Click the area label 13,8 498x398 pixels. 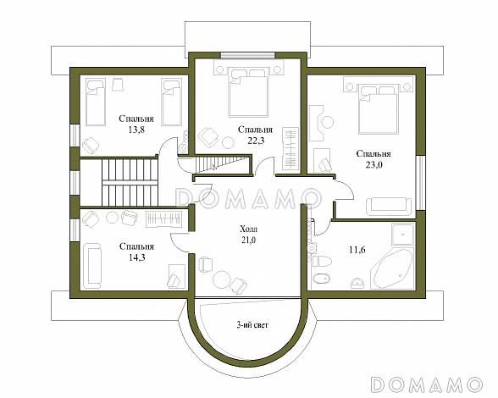[136, 130]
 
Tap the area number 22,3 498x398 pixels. [256, 141]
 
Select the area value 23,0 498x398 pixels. [373, 165]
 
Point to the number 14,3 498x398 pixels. [137, 257]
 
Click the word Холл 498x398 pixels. [249, 229]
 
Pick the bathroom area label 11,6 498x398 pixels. [357, 250]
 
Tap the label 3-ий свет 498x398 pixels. [252, 325]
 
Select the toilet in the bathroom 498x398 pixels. [322, 261]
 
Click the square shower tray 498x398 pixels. [403, 234]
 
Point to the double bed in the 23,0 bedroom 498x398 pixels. [378, 108]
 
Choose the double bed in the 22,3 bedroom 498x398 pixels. [248, 92]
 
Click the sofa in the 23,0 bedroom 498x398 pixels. [389, 207]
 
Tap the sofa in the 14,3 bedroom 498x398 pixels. [93, 266]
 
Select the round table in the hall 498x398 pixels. [221, 279]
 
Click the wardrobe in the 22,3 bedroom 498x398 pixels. [290, 148]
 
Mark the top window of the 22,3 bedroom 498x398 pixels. [247, 55]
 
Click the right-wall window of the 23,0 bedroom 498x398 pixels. [420, 183]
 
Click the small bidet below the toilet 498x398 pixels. [321, 279]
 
